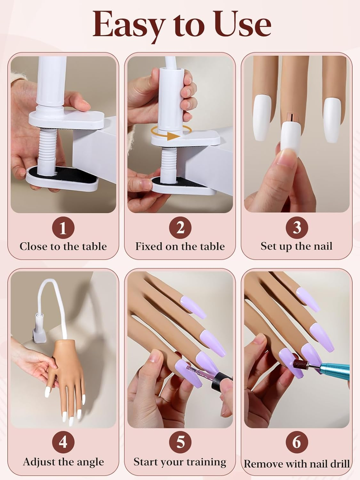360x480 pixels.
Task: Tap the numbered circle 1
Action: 63,228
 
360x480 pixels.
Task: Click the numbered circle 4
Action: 63,443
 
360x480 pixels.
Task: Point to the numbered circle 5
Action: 180,443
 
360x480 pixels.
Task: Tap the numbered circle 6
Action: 297,443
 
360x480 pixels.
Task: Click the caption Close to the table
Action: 63,246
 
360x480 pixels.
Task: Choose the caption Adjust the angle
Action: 63,462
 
